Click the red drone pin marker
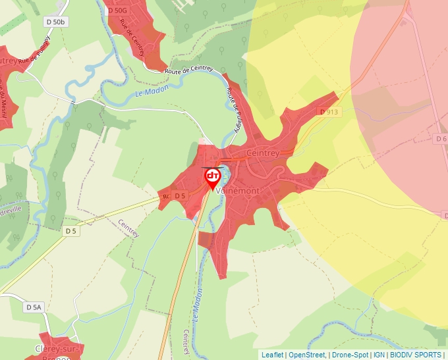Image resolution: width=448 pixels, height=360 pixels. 213,178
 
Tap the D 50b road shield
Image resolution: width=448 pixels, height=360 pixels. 56,22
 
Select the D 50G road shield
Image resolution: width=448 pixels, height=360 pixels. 117,11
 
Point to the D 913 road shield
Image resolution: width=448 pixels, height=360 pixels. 329,112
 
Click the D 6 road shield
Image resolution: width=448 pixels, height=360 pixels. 441,139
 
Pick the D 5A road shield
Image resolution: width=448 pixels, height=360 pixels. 34,307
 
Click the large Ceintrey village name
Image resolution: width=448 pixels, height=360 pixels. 262,153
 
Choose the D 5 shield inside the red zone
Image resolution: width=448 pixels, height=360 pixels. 180,195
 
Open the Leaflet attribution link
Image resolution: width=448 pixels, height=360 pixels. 273,355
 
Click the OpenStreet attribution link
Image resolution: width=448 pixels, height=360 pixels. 306,355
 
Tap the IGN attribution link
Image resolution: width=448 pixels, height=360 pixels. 379,355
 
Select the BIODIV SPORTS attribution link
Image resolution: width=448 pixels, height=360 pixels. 416,355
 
